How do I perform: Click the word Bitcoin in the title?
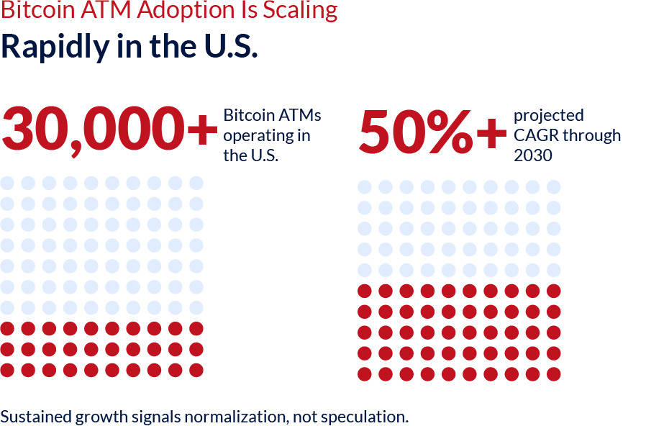pos(26,11)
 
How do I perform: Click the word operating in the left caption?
pos(253,135)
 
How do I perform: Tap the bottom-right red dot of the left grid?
pos(196,371)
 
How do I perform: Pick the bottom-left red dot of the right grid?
pos(365,374)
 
